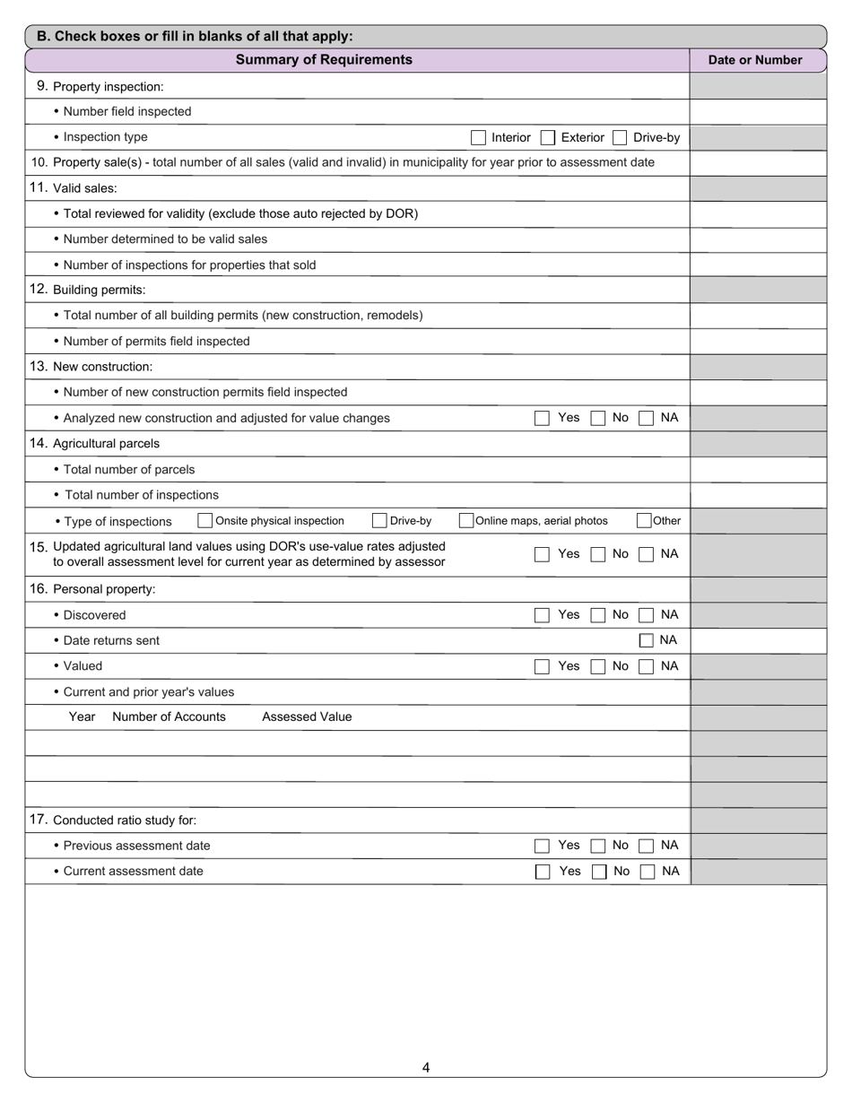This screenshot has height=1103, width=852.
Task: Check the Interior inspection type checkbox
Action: pyautogui.click(x=478, y=137)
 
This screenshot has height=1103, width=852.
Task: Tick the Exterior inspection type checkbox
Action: pyautogui.click(x=548, y=137)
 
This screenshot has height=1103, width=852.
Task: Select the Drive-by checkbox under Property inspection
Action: pyautogui.click(x=620, y=137)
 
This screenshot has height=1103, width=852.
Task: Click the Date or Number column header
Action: pyautogui.click(x=755, y=60)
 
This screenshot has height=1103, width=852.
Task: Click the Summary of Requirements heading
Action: pyautogui.click(x=324, y=60)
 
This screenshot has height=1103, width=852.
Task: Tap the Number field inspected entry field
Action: pyautogui.click(x=758, y=112)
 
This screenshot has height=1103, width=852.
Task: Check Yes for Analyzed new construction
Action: pyautogui.click(x=542, y=418)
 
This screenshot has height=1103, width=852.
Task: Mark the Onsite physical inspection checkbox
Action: pyautogui.click(x=205, y=521)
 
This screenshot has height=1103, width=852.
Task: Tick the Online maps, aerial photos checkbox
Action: pyautogui.click(x=466, y=521)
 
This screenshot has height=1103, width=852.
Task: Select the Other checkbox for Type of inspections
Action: pyautogui.click(x=644, y=521)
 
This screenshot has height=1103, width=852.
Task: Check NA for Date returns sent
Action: pyautogui.click(x=646, y=640)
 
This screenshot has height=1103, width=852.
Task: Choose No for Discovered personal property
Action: pyautogui.click(x=598, y=615)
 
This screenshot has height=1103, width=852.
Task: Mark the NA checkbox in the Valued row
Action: pyautogui.click(x=646, y=666)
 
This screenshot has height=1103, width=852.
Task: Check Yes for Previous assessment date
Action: pyautogui.click(x=542, y=846)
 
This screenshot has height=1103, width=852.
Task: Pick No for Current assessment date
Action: pyautogui.click(x=599, y=872)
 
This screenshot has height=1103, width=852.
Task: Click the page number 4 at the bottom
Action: pyautogui.click(x=426, y=1067)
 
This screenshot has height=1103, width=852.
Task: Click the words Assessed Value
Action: pyautogui.click(x=307, y=717)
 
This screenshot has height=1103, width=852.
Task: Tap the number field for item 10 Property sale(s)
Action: pyautogui.click(x=758, y=163)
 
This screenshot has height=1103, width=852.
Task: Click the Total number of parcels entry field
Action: pyautogui.click(x=758, y=470)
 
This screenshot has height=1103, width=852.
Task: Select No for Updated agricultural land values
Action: pyautogui.click(x=598, y=554)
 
